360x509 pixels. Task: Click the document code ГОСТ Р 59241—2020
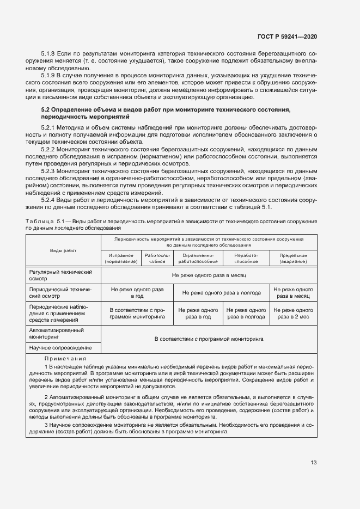[287, 36]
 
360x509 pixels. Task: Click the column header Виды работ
[64, 250]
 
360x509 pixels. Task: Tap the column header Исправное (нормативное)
[121, 258]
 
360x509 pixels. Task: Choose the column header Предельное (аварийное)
[293, 258]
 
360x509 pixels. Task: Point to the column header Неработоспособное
[246, 258]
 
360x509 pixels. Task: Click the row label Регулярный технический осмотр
[60, 275]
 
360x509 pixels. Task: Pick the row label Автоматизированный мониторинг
[56, 334]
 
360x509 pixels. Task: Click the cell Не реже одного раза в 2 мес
[293, 313]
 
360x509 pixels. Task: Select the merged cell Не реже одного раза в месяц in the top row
[209, 276]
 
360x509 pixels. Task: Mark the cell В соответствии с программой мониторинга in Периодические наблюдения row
[137, 313]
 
